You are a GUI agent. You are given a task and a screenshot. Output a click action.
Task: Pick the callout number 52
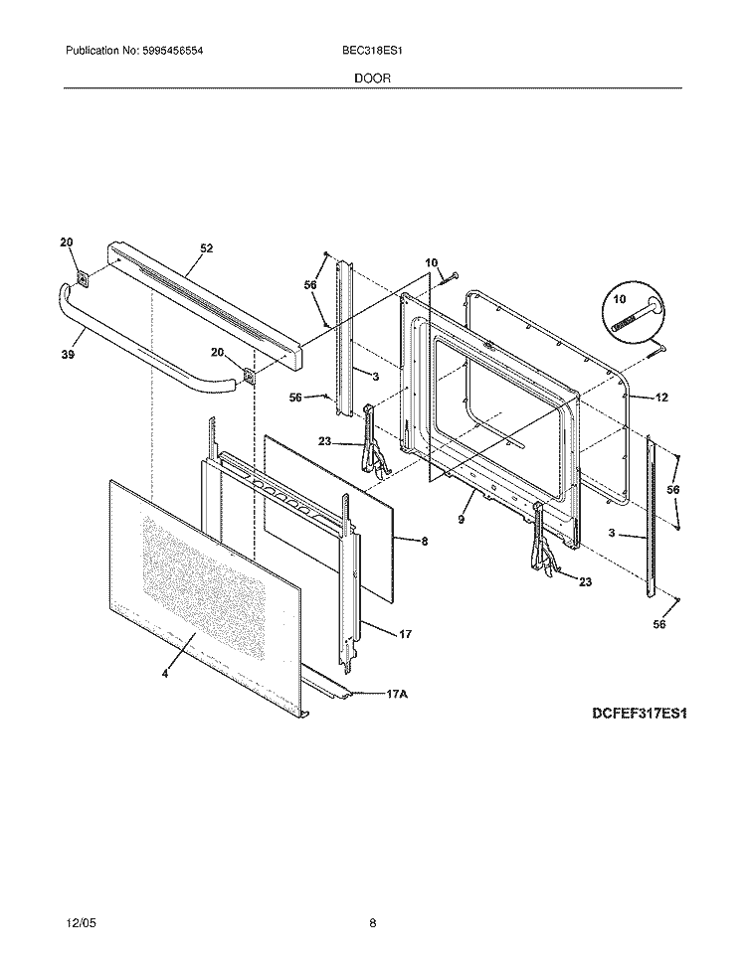point(207,247)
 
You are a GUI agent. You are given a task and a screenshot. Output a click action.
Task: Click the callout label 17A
point(397,696)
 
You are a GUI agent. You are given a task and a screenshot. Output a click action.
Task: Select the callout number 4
point(165,675)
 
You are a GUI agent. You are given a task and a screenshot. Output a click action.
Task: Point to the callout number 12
point(660,398)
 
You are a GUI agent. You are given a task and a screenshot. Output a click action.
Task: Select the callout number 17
point(405,633)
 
